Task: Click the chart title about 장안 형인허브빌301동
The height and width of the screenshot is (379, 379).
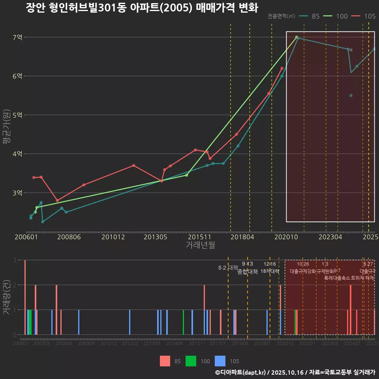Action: tap(141, 8)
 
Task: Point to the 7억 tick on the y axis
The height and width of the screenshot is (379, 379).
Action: tap(18, 38)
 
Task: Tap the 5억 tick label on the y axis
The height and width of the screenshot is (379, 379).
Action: tap(18, 115)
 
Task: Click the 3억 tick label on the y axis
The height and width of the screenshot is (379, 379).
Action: tap(18, 193)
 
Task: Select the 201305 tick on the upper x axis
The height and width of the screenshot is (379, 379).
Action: tap(155, 237)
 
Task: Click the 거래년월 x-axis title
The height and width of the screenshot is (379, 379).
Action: tap(200, 245)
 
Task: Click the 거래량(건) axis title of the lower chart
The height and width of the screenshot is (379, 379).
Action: tap(6, 298)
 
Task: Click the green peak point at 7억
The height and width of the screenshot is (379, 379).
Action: tap(296, 37)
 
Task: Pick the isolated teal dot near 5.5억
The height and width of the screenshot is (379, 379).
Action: tap(351, 96)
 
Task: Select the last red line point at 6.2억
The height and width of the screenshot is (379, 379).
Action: tap(282, 68)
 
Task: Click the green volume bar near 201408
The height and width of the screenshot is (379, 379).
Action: tap(183, 322)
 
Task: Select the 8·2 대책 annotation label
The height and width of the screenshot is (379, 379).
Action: tap(228, 267)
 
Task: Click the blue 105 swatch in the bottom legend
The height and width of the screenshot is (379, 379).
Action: tap(220, 361)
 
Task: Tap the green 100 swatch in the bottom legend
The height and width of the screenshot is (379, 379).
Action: tap(191, 361)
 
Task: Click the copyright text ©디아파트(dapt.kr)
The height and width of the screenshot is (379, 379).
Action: tap(241, 372)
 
